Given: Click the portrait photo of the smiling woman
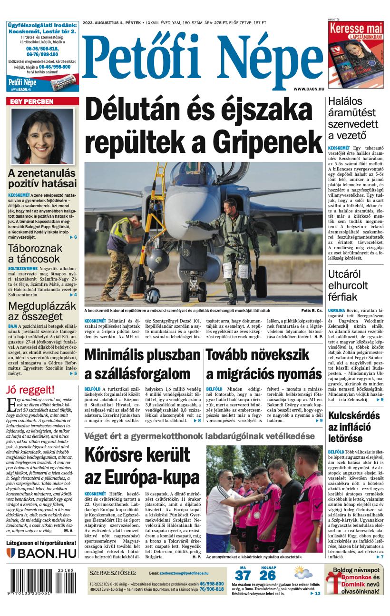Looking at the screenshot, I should (x=42, y=136).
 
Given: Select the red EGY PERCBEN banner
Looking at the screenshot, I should (x=42, y=101).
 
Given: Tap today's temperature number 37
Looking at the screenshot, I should (x=243, y=576).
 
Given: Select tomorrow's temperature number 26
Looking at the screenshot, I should (x=268, y=576).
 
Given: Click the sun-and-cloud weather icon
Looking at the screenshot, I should (x=302, y=573).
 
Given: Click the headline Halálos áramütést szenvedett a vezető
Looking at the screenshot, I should (x=353, y=118).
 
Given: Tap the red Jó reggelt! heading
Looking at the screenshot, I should (x=30, y=390).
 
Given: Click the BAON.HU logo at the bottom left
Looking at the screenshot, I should (x=42, y=553).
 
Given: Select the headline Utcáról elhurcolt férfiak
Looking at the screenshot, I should (x=348, y=285).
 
